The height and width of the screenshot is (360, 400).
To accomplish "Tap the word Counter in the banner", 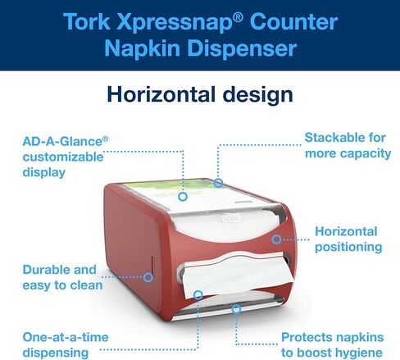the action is [293, 22].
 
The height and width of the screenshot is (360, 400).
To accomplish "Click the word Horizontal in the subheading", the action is [161, 94].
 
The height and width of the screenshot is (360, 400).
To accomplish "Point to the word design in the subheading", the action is [258, 95].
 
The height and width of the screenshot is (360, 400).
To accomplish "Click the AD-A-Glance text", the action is [62, 142].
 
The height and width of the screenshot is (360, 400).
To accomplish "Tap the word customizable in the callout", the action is [63, 157].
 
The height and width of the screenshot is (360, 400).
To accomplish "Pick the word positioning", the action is [348, 248].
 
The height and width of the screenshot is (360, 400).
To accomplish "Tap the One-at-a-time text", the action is [66, 337].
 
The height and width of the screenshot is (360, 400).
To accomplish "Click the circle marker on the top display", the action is [183, 196].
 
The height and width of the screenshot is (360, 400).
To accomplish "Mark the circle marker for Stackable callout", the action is [218, 183].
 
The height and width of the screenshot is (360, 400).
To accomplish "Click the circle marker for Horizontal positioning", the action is [276, 239].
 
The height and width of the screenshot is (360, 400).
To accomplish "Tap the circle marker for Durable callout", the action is [148, 277].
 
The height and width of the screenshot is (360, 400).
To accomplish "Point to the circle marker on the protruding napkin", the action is [198, 295].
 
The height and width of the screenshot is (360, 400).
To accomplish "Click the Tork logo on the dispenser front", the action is [231, 219].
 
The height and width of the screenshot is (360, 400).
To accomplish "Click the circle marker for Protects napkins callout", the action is [236, 309].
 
